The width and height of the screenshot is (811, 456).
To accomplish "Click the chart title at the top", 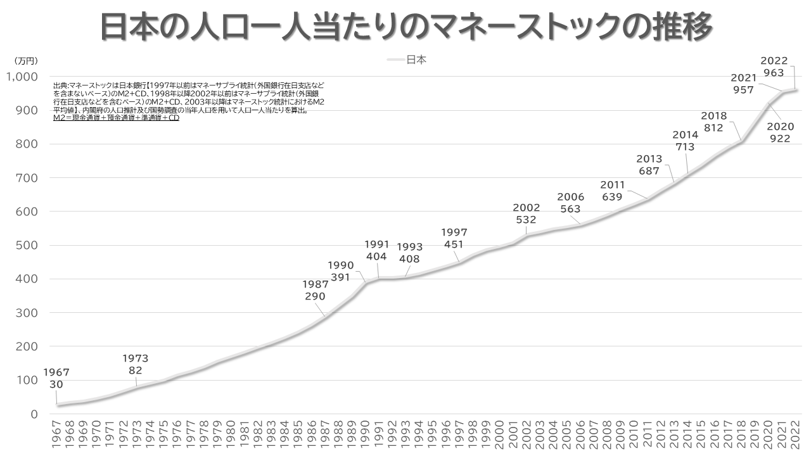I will pos(406,27).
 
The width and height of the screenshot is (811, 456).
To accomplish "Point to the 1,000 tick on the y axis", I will pos(22,77).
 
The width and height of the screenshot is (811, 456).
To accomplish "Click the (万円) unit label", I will pos(26,61).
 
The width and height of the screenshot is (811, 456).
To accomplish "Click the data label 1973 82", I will pos(135,365).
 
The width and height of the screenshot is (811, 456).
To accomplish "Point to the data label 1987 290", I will pos(315,290).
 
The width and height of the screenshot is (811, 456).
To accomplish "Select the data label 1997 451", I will pos(454,238).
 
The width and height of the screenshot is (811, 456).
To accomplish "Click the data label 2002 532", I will pos(526,213).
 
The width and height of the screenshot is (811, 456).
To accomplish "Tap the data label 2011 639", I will pos(612,191).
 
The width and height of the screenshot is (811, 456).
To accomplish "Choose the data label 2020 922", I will pos(779,132).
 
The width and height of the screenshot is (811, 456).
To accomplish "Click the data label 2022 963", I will pos(774,66).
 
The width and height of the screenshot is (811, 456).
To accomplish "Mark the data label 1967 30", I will pos(56,378).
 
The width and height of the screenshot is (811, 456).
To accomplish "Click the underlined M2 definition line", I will pos(116,118).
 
